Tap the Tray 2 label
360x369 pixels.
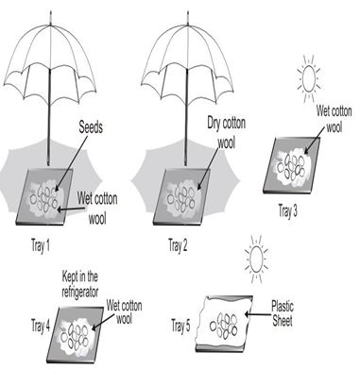coord(180,246)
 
